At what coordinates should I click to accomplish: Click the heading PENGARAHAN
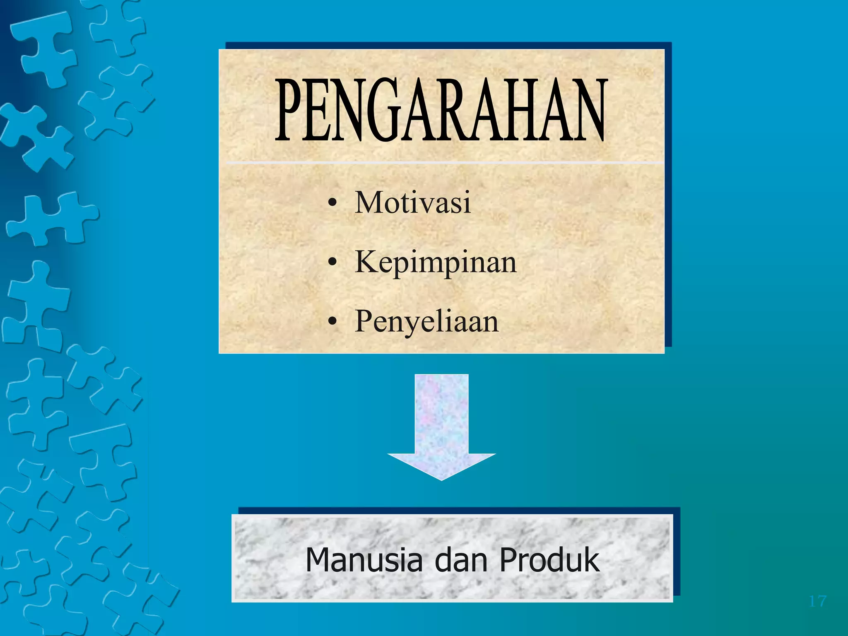pos(441,111)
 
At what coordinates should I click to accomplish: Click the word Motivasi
pos(413,202)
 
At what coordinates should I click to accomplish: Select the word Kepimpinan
pos(436,263)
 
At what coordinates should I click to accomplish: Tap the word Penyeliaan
pos(427,322)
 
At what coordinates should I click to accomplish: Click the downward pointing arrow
pos(441,426)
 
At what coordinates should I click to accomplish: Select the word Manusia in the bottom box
pos(364,560)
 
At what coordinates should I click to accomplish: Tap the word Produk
pos(549,560)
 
